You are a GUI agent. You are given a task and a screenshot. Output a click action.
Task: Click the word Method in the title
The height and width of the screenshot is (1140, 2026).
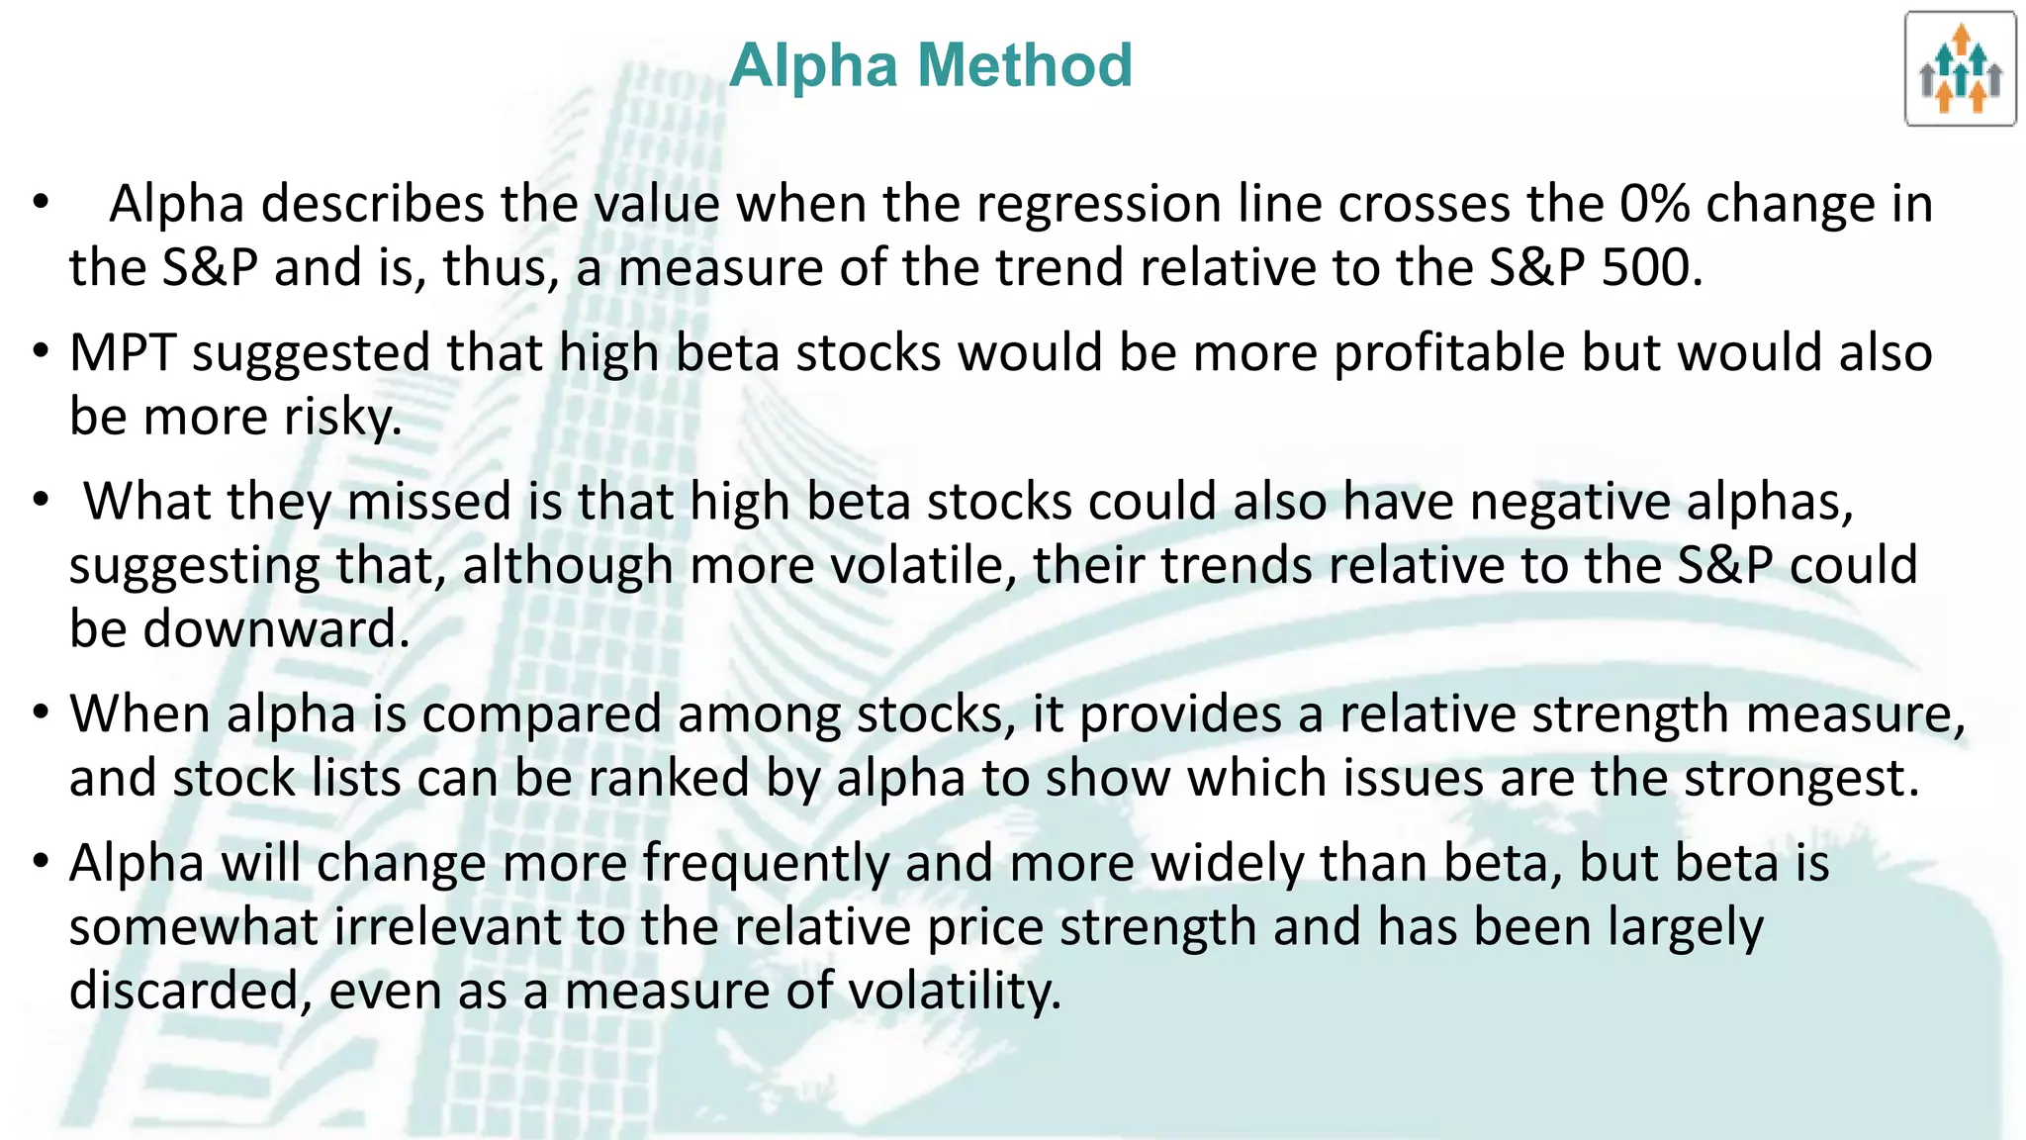(x=1025, y=65)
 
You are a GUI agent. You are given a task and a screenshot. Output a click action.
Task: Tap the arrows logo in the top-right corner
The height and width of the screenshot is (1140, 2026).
(x=1960, y=69)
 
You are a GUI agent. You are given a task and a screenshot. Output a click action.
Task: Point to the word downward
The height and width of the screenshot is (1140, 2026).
(x=275, y=629)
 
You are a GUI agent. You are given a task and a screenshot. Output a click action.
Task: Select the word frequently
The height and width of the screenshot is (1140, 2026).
(x=766, y=863)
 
